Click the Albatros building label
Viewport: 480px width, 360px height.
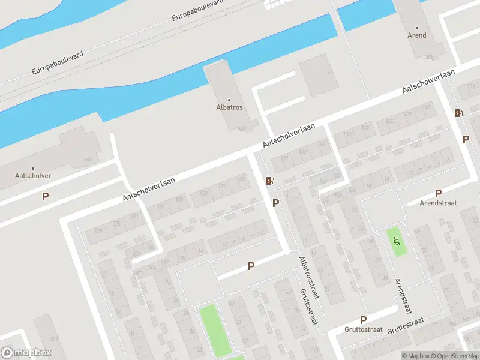pyautogui.click(x=229, y=107)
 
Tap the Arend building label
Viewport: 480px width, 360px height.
pyautogui.click(x=417, y=35)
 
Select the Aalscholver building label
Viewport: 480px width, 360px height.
pyautogui.click(x=33, y=176)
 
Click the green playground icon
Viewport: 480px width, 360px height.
pyautogui.click(x=396, y=242)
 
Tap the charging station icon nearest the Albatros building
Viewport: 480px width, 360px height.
pyautogui.click(x=271, y=181)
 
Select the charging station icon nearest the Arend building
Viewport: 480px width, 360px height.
pyautogui.click(x=458, y=113)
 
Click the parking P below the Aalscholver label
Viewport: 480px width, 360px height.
pyautogui.click(x=45, y=196)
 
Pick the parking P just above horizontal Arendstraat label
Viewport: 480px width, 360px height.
pyautogui.click(x=438, y=193)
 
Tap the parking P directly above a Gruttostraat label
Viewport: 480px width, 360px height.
pyautogui.click(x=363, y=320)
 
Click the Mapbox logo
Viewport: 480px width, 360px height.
pyautogui.click(x=26, y=353)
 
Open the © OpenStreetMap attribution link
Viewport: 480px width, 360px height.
pyautogui.click(x=454, y=356)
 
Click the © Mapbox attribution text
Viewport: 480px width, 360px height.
pyautogui.click(x=415, y=356)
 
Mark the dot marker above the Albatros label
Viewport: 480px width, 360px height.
pyautogui.click(x=229, y=100)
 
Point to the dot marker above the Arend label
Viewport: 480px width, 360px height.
pyautogui.click(x=417, y=28)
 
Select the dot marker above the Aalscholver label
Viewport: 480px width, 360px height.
pyautogui.click(x=33, y=169)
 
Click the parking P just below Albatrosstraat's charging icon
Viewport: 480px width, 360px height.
pyautogui.click(x=275, y=203)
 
